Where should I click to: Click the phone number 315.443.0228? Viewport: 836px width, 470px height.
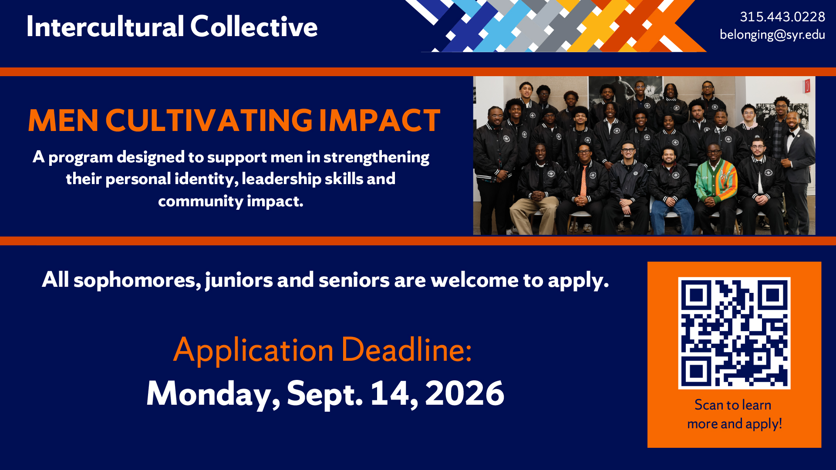click(782, 17)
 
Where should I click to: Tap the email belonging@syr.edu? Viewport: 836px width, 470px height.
click(772, 34)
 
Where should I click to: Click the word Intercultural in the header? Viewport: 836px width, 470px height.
click(105, 27)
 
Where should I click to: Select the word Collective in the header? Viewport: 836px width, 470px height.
click(254, 27)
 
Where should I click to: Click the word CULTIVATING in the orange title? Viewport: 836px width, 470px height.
click(209, 120)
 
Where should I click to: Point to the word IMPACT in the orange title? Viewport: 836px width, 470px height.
click(380, 120)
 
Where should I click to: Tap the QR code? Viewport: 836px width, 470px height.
click(734, 333)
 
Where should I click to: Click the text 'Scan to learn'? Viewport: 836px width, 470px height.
click(733, 405)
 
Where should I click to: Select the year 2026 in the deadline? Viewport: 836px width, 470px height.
click(465, 393)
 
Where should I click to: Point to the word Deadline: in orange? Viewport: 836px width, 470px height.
click(406, 349)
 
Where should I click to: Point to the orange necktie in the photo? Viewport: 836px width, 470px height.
click(583, 181)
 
